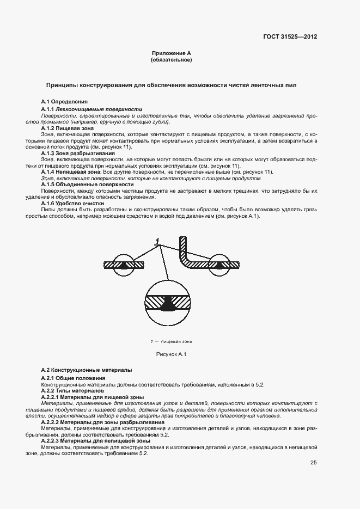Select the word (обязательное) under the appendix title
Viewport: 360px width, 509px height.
pos(171,60)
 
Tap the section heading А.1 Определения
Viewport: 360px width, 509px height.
pos(64,102)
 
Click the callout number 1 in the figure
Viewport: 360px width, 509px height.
pos(157,241)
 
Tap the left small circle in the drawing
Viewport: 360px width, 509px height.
pos(124,265)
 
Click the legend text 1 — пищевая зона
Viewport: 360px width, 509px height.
pos(171,342)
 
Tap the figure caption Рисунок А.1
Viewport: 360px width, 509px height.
pos(171,355)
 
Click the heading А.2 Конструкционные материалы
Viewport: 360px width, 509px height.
pos(87,370)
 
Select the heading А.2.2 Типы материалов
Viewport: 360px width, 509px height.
pos(72,391)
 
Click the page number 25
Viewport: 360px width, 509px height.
pos(313,463)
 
